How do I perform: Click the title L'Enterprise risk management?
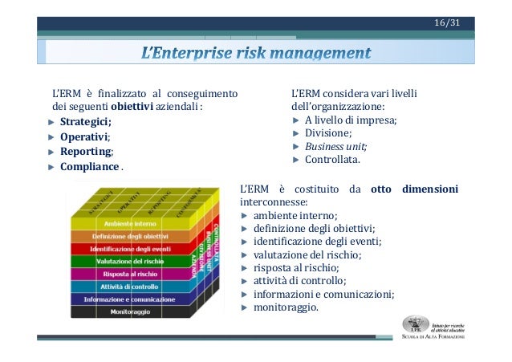click(256, 54)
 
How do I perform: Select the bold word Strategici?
click(85, 121)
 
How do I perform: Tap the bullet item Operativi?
click(83, 136)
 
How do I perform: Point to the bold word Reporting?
click(85, 152)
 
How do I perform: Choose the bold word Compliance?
click(88, 167)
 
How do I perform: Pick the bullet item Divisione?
click(327, 133)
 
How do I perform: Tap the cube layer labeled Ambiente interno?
click(129, 222)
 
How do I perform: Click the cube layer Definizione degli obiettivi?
click(130, 236)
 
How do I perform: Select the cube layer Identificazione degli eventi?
click(130, 249)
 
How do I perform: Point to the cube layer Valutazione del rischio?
click(130, 261)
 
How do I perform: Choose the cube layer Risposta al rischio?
click(130, 274)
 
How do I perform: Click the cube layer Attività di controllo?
click(130, 286)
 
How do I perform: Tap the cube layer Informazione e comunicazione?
click(130, 299)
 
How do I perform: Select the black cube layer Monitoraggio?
click(130, 311)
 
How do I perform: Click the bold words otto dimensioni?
click(414, 189)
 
